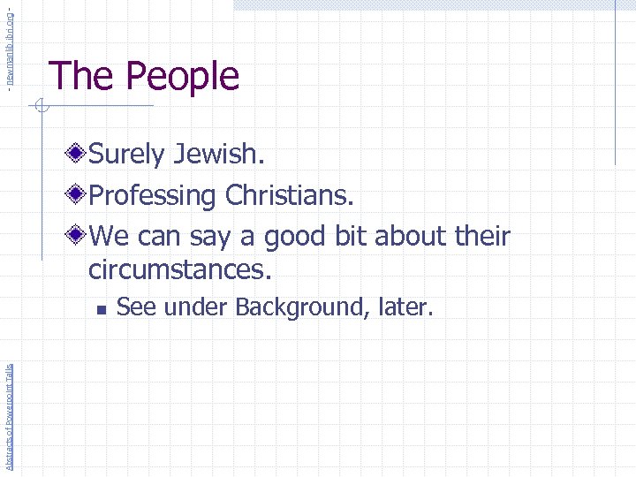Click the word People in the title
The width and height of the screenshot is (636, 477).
click(186, 77)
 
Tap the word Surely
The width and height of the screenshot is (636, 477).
click(127, 155)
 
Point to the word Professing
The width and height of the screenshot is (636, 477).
click(154, 196)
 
